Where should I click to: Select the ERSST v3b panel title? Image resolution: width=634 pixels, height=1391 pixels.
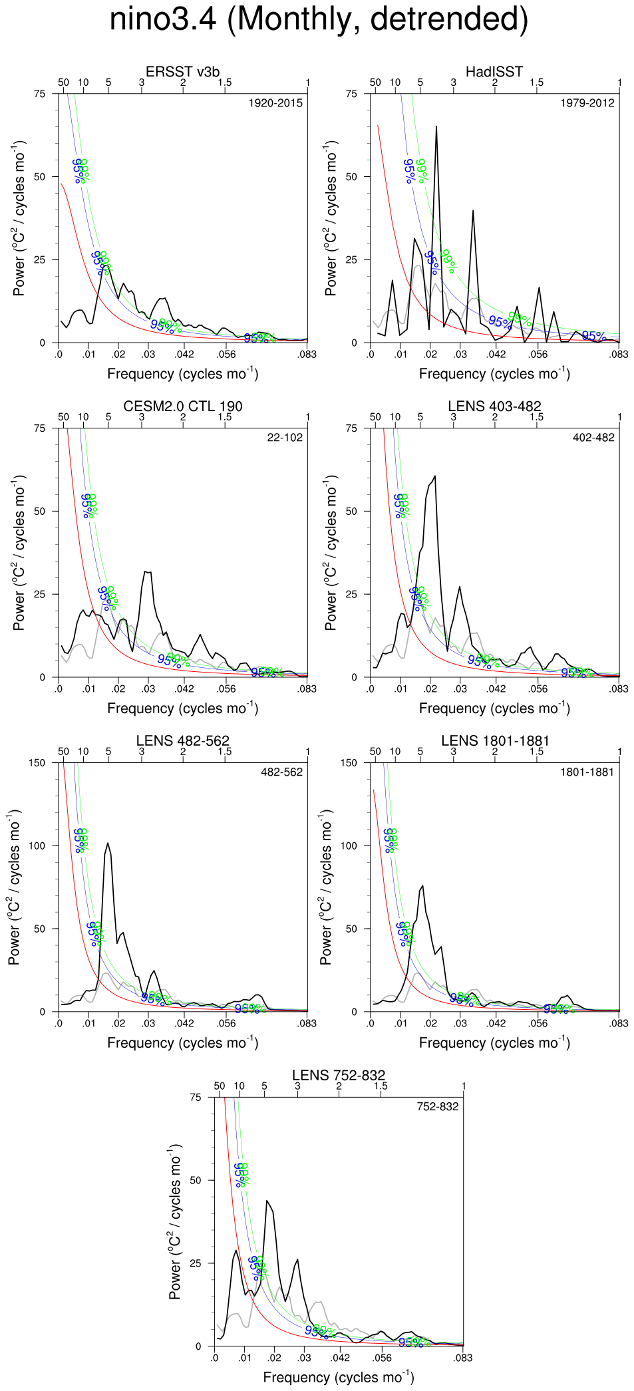182,72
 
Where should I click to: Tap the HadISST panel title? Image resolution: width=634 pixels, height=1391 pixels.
494,72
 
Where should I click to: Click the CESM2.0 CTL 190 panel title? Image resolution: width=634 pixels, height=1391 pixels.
182,406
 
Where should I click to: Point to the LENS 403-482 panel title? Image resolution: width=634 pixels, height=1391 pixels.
494,406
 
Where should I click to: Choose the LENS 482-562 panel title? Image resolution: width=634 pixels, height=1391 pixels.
182,741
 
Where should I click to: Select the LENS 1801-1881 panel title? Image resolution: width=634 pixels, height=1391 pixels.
494,741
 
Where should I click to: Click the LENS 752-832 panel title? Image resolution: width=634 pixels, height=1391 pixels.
339,1076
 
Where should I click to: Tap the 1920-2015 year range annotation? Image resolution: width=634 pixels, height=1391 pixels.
275,103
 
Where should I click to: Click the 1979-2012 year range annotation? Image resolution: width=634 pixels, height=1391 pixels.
587,103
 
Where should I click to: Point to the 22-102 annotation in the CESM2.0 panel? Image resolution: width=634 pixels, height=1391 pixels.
285,438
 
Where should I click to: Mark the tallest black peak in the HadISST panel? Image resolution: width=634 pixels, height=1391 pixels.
436,126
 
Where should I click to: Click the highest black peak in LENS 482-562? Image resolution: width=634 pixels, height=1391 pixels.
108,844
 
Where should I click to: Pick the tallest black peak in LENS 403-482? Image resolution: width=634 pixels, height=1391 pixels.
434,476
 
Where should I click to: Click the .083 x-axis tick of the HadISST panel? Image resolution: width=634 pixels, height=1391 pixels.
619,355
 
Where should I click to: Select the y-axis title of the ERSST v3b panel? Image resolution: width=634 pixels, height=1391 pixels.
19,218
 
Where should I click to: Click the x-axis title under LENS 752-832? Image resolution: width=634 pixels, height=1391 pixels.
339,1377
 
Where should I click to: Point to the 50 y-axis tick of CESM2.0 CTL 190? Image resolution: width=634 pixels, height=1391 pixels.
39,512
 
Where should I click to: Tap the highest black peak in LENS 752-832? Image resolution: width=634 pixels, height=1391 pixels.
267,1201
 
